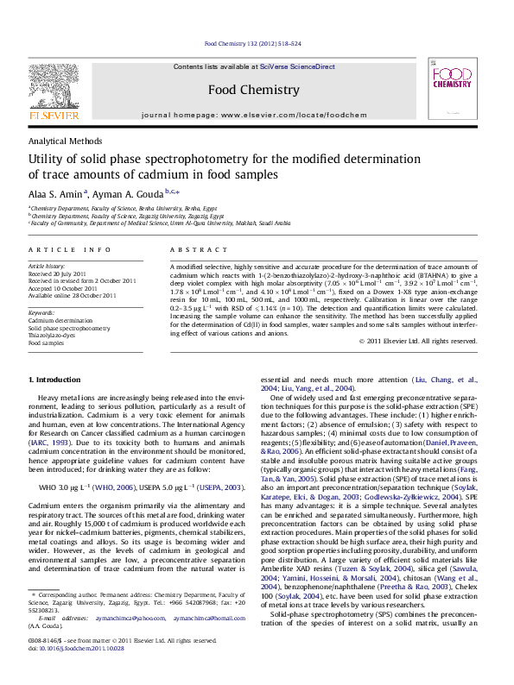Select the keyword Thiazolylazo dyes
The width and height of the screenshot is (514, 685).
tap(55, 335)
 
